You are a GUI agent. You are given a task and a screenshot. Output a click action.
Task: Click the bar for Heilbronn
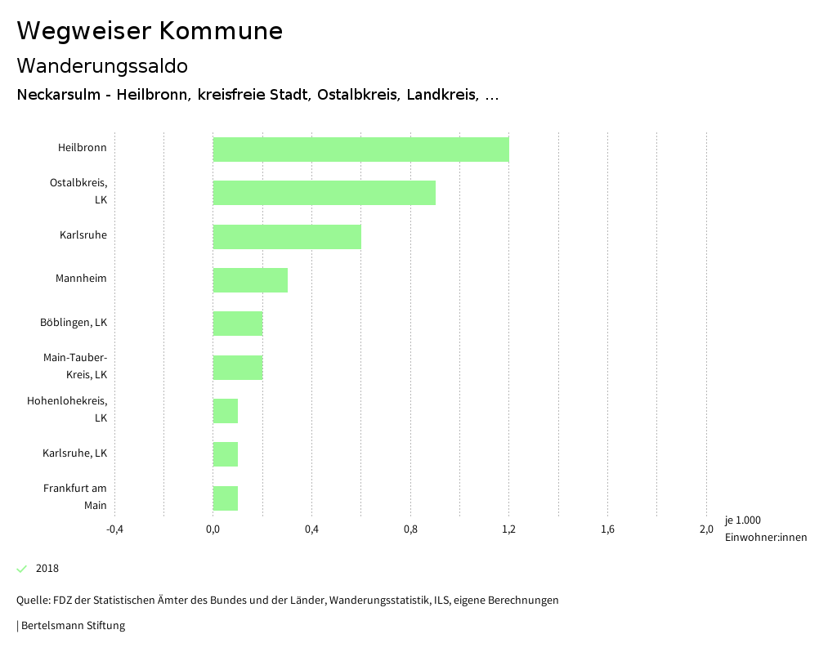coord(360,150)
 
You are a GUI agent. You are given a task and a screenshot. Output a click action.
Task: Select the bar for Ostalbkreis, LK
coord(324,193)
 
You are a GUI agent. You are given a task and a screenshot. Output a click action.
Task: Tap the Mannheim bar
coord(250,280)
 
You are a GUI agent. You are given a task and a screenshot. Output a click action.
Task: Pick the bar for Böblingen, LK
coord(238,324)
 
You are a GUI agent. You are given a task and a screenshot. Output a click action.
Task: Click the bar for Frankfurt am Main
coord(226,498)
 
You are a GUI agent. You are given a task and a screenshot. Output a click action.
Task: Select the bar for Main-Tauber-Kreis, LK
coord(238,368)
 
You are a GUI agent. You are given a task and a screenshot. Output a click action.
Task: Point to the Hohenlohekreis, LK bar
coord(226,411)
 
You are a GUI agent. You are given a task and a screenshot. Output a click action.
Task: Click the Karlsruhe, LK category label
coord(74,453)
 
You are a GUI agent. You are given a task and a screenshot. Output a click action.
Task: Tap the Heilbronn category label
coord(82,148)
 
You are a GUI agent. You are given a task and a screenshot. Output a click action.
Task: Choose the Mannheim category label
coord(81,279)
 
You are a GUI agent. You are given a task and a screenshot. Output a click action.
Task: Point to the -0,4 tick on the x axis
coord(114,529)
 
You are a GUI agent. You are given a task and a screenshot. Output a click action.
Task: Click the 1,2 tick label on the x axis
coord(508,529)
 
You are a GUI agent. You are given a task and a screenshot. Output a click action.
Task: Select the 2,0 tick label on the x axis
coord(706,529)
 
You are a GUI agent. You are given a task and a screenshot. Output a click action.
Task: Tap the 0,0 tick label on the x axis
coord(213,529)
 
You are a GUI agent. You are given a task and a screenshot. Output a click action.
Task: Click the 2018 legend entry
coord(47,569)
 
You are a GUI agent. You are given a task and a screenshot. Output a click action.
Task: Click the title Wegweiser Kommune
coord(150,31)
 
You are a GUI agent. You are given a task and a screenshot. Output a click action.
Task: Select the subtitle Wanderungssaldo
coord(102,65)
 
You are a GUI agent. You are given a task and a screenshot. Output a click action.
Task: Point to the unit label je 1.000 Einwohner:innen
coord(765,529)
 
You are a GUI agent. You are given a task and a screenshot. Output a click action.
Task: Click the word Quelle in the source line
coord(32,601)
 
